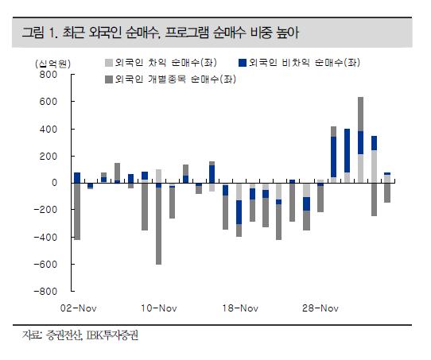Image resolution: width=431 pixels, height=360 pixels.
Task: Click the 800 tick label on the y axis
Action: (x=49, y=74)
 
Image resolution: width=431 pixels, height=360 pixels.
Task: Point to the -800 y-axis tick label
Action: (x=45, y=291)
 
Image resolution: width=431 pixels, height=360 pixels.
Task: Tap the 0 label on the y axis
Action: (x=54, y=183)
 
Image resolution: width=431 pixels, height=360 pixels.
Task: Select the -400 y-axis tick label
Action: (x=45, y=237)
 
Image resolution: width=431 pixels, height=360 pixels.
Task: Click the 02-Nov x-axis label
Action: (x=79, y=308)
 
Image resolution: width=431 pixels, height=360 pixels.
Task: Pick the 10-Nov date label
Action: (x=159, y=308)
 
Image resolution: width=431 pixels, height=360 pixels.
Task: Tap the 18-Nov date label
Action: (x=240, y=308)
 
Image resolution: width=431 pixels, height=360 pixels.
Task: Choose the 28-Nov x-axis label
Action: (x=320, y=308)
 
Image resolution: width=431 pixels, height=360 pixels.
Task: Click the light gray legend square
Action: (x=109, y=63)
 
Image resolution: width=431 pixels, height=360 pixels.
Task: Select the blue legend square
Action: (x=243, y=63)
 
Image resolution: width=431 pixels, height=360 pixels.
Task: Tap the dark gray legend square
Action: (x=109, y=79)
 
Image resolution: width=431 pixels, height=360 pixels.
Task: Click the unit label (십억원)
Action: (x=52, y=64)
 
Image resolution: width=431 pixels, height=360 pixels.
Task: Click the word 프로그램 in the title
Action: (x=187, y=33)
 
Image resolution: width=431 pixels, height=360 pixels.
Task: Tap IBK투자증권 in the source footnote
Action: (x=112, y=335)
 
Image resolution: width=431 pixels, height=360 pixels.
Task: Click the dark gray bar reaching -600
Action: (x=158, y=226)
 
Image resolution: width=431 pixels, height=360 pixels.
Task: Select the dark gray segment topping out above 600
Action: (x=360, y=114)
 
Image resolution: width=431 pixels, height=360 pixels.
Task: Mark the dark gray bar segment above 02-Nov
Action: (x=77, y=211)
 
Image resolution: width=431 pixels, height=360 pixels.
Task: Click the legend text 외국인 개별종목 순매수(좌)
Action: (x=176, y=79)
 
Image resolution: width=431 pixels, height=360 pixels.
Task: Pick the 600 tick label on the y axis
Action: (x=49, y=102)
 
